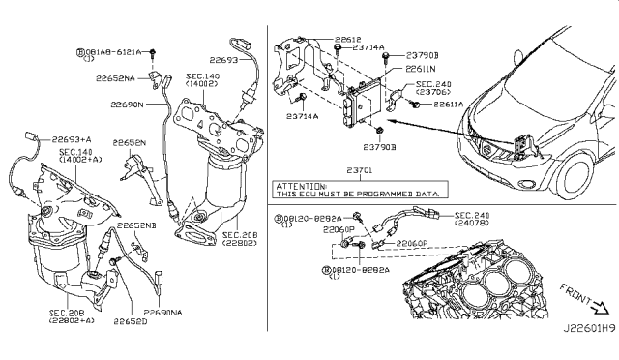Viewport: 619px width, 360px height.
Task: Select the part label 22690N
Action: [127, 101]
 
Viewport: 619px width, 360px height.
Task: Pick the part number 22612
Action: [349, 42]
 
